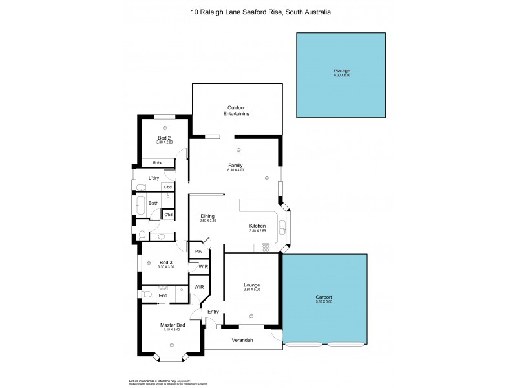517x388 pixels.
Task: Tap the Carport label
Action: point(324,297)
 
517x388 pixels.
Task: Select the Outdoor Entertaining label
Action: point(237,111)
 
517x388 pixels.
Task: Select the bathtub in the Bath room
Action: point(137,203)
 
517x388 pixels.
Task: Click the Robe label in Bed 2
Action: point(158,162)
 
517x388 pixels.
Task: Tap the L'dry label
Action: point(154,178)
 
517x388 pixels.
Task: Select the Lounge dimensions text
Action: point(251,290)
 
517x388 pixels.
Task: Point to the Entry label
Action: point(213,312)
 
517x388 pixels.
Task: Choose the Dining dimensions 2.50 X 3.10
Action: point(207,221)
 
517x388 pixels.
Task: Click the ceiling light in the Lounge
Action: point(251,316)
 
